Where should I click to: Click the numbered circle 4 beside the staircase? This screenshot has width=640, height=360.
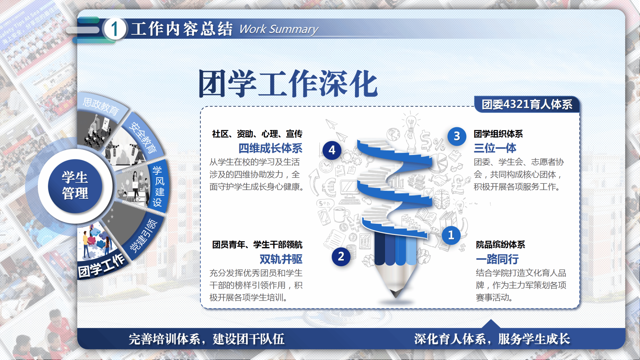(x=332, y=150)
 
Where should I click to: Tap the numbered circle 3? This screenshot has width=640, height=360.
(x=457, y=136)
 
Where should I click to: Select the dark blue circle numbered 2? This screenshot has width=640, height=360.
(x=341, y=257)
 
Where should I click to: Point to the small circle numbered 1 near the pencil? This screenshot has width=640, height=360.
(x=451, y=235)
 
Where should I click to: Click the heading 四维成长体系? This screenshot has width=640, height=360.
(x=270, y=148)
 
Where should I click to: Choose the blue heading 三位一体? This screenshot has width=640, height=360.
(x=495, y=148)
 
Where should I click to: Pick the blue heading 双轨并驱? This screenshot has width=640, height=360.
(x=281, y=259)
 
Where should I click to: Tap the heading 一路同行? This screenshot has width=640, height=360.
(x=497, y=259)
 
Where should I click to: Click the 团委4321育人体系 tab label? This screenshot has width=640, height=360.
(x=527, y=104)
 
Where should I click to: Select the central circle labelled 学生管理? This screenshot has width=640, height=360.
(x=75, y=186)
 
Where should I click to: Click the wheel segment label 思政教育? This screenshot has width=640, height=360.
(x=101, y=106)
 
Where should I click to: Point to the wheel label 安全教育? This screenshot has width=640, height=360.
(x=143, y=137)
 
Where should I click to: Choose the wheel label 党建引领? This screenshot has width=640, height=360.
(x=143, y=235)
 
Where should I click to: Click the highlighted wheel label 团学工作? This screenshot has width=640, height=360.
(x=101, y=266)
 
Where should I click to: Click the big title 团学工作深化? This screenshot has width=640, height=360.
(x=288, y=83)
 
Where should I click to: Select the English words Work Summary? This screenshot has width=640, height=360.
(x=278, y=29)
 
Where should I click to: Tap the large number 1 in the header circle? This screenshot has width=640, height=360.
(x=115, y=29)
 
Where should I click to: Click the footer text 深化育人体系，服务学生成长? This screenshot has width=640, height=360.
(x=492, y=339)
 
